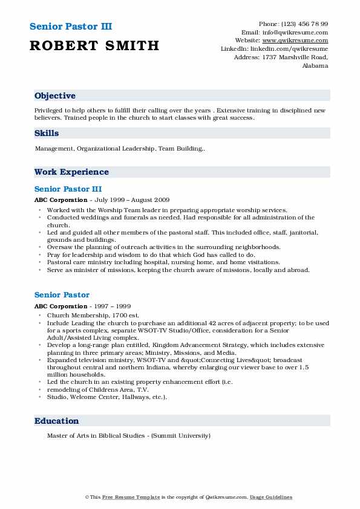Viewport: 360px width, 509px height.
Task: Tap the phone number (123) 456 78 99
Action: point(303,24)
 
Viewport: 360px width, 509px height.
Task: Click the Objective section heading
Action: point(55,96)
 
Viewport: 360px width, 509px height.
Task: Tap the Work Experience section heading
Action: point(71,172)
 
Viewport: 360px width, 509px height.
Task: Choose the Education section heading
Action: point(57,421)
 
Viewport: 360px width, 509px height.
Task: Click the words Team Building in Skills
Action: point(181,148)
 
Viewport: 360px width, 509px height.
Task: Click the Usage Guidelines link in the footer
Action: point(272,497)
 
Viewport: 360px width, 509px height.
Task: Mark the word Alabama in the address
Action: point(315,66)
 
